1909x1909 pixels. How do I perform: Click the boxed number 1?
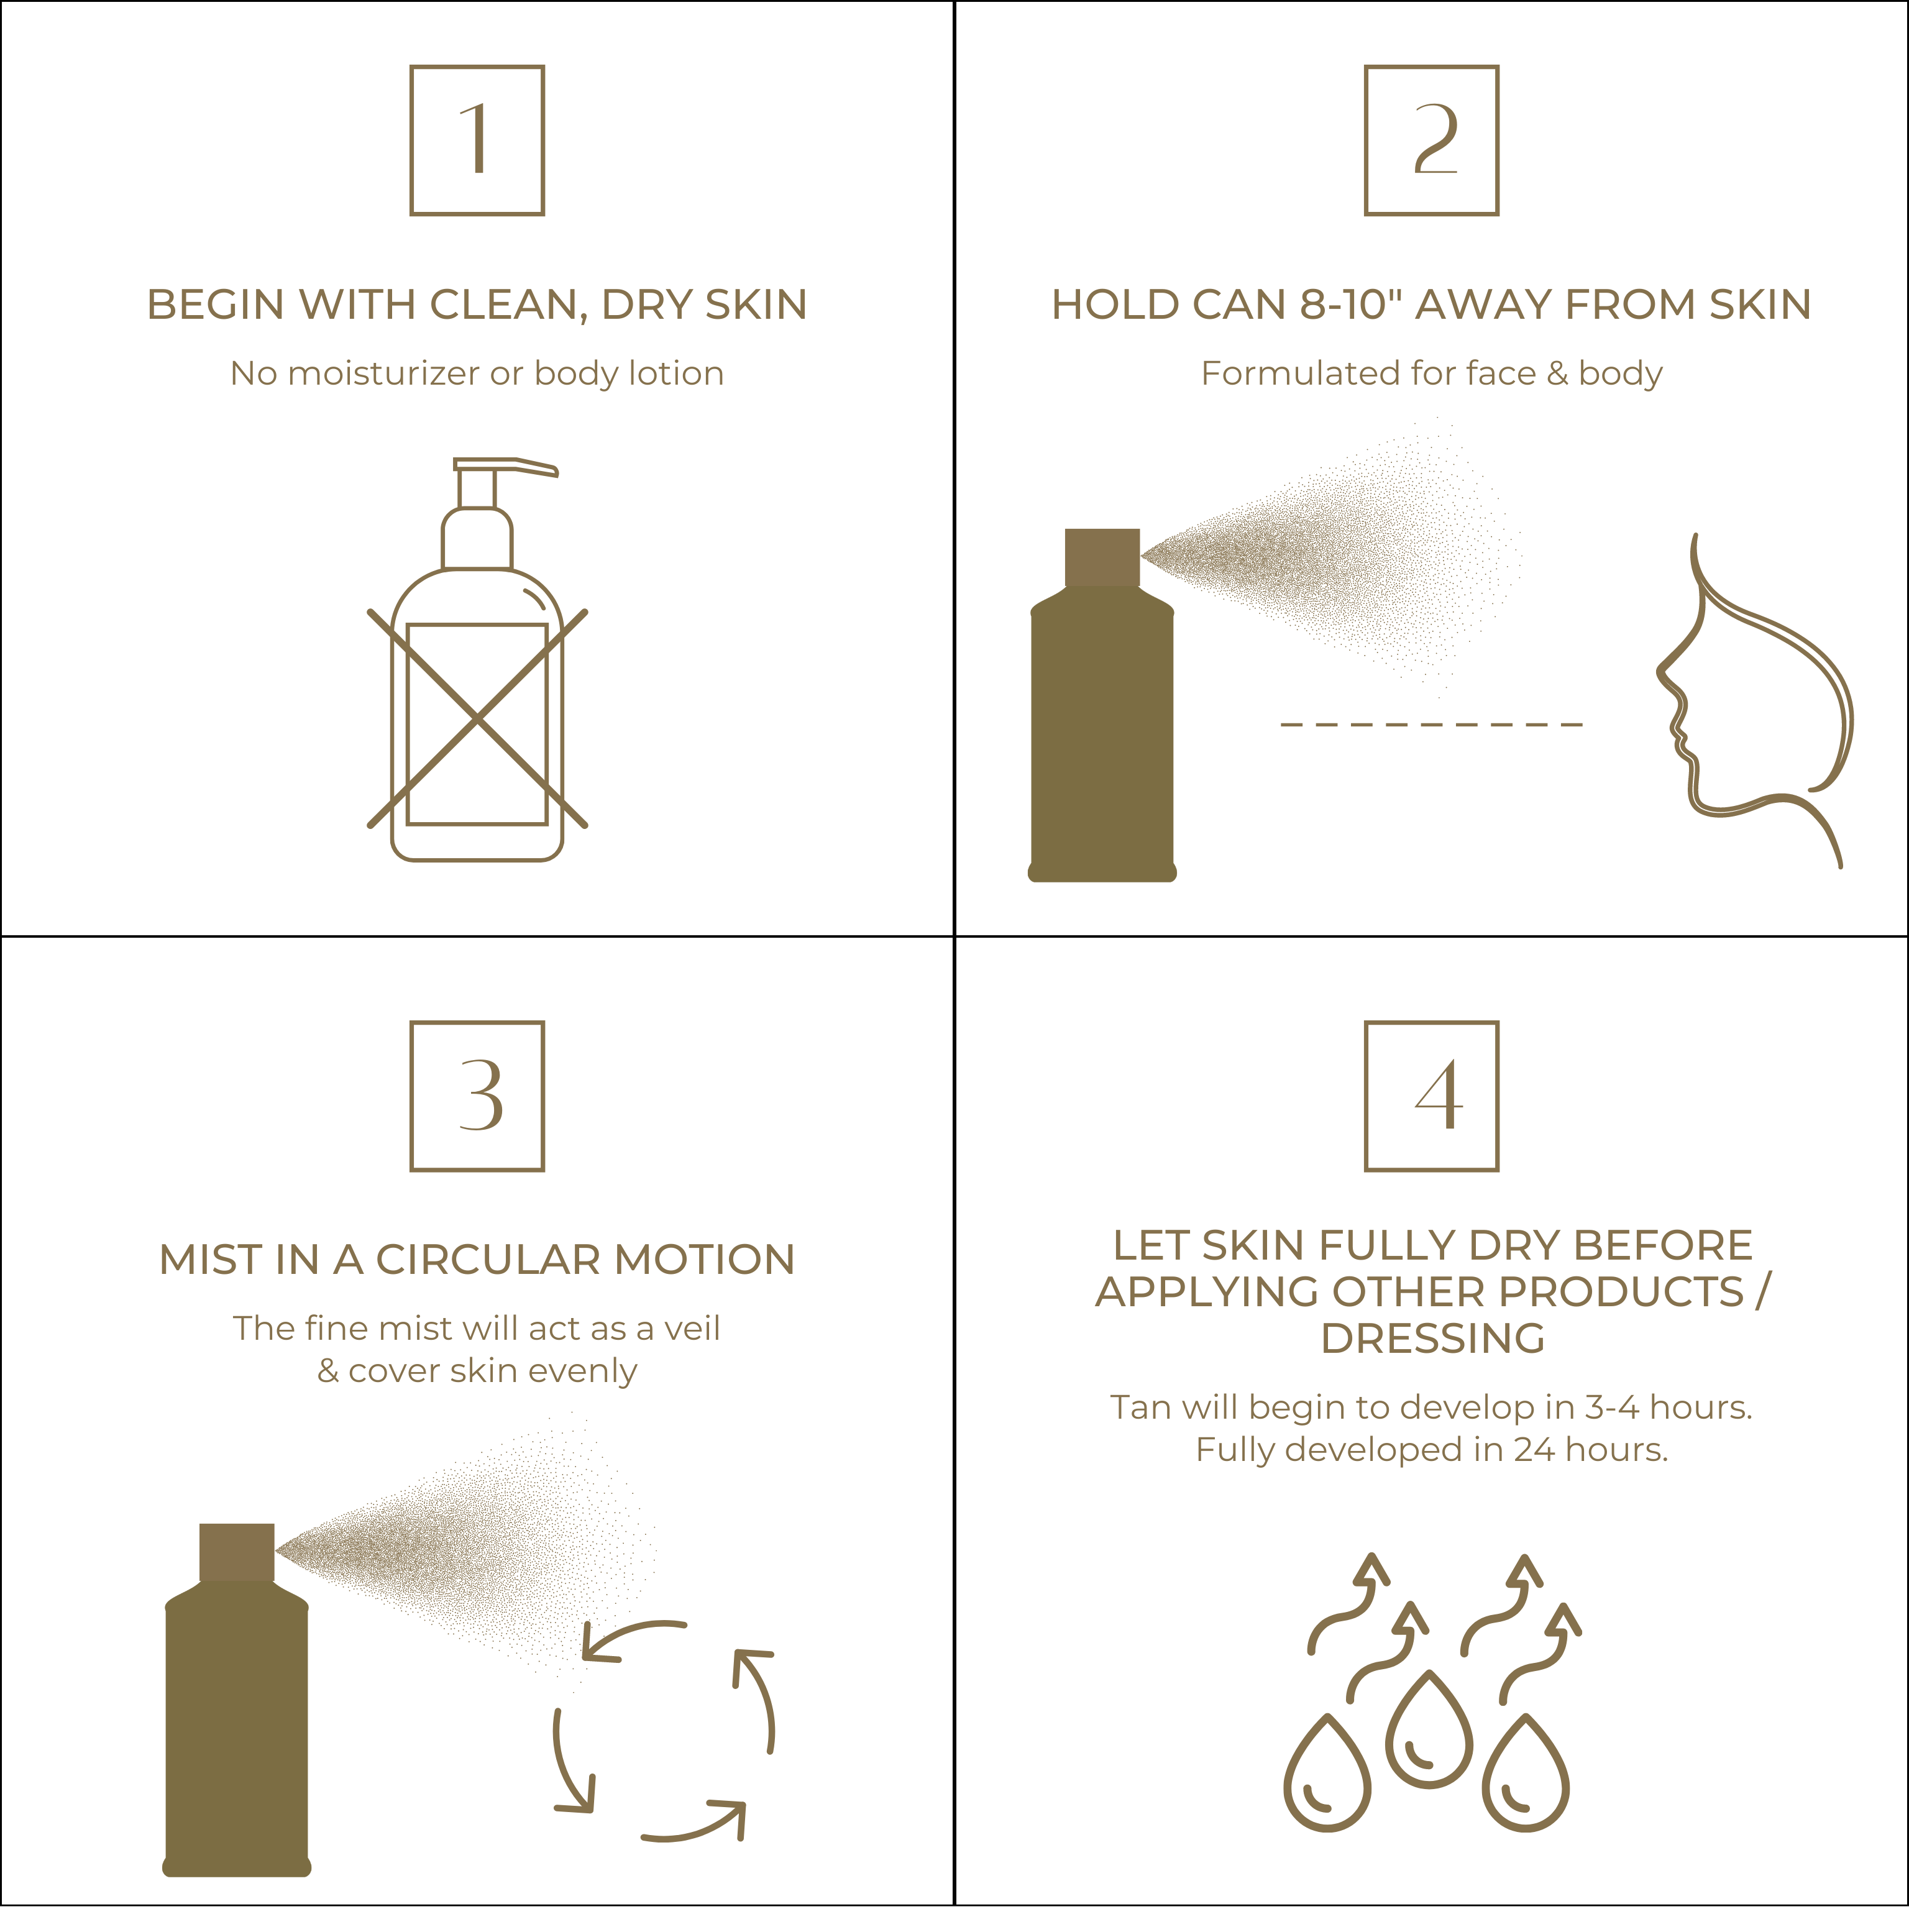pos(477,140)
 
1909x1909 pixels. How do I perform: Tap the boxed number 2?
pos(1432,140)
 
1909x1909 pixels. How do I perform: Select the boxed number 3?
pos(477,1096)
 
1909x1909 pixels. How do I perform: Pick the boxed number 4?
pos(1432,1096)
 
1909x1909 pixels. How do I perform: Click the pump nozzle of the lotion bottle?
pos(506,467)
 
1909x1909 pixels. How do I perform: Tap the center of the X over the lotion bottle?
pos(477,718)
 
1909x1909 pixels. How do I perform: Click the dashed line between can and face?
pos(1432,725)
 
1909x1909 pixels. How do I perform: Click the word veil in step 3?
pos(692,1328)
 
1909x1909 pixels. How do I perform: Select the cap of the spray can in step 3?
pos(237,1552)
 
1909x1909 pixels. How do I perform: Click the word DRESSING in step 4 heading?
pos(1433,1339)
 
